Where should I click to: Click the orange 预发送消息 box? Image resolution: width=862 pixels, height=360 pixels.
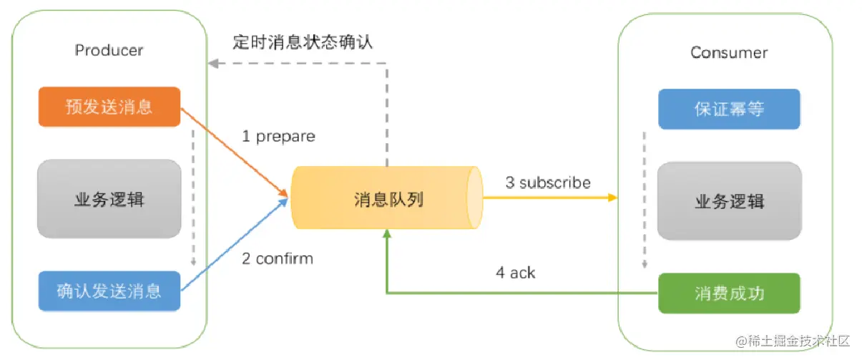109,107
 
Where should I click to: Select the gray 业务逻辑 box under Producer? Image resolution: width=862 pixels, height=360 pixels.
109,198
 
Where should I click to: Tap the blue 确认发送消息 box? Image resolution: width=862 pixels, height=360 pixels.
109,291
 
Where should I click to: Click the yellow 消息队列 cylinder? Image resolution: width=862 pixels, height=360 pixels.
386,198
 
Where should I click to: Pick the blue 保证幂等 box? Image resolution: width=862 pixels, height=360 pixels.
729,109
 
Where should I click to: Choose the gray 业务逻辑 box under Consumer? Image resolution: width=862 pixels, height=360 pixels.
729,200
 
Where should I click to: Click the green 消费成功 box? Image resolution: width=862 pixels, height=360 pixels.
729,293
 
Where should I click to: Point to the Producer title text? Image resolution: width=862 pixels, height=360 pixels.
109,50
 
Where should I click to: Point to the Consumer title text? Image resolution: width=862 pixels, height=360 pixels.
729,52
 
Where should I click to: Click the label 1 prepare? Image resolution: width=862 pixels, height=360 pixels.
278,136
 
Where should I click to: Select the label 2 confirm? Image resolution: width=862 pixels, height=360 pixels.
278,258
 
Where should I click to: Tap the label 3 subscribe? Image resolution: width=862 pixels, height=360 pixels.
548,183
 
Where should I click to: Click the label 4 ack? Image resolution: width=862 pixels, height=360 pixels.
515,273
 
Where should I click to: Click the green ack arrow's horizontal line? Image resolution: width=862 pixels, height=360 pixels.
522,293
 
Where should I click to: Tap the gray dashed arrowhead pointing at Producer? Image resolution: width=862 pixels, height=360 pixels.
212,63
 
